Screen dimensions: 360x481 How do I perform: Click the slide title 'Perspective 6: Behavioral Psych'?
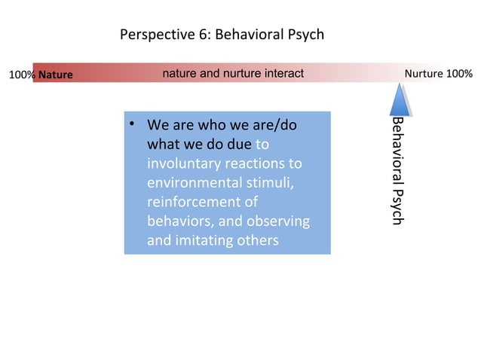[222, 35]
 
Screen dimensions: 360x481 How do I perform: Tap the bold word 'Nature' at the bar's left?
[56, 75]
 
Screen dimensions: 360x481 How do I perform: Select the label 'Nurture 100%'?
[439, 74]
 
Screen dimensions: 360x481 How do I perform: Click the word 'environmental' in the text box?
[189, 182]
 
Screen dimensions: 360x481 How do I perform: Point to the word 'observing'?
[280, 221]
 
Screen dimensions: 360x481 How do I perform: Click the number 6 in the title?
[196, 35]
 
